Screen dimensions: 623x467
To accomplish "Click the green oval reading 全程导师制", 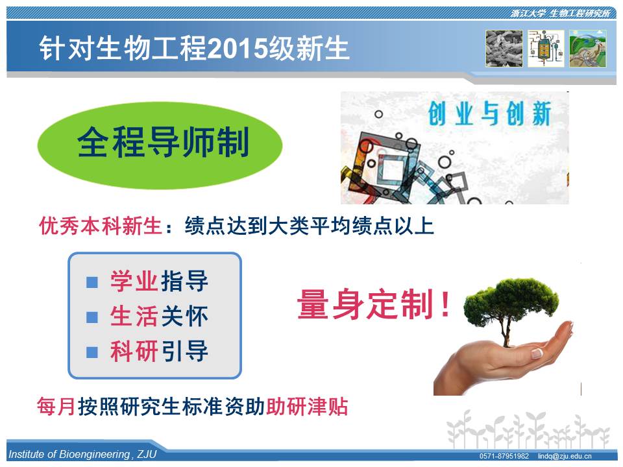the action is pos(160,145).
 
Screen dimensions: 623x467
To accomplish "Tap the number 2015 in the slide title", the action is pos(237,49).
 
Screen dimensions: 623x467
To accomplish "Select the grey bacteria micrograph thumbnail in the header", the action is pos(504,49).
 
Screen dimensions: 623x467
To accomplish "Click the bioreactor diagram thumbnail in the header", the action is pos(546,49).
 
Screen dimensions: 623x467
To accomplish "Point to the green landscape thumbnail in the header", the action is pos(588,49).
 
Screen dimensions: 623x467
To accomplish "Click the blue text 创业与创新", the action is pos(489,114).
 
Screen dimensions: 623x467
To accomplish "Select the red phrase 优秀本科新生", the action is pos(100,226).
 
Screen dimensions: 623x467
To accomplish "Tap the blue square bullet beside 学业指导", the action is pos(92,282).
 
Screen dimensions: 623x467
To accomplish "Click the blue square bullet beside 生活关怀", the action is pos(92,317).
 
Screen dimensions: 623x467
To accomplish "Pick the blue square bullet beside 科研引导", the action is pos(92,352).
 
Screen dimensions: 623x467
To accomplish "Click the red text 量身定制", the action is pos(365,304).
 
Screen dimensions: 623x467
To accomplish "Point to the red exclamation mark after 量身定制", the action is pos(445,304).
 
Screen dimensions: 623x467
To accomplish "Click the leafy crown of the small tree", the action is pos(511,300).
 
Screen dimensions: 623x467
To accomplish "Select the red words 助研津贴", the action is pos(307,407).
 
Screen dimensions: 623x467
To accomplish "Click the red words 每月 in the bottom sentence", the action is pos(56,407).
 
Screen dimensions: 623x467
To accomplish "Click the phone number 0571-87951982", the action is pos(504,456).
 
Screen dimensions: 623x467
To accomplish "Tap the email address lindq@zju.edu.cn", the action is pos(565,456).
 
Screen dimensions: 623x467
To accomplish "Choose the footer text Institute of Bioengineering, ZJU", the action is pos(82,454).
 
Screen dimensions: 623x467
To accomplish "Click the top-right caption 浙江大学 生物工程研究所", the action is pos(560,14).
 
